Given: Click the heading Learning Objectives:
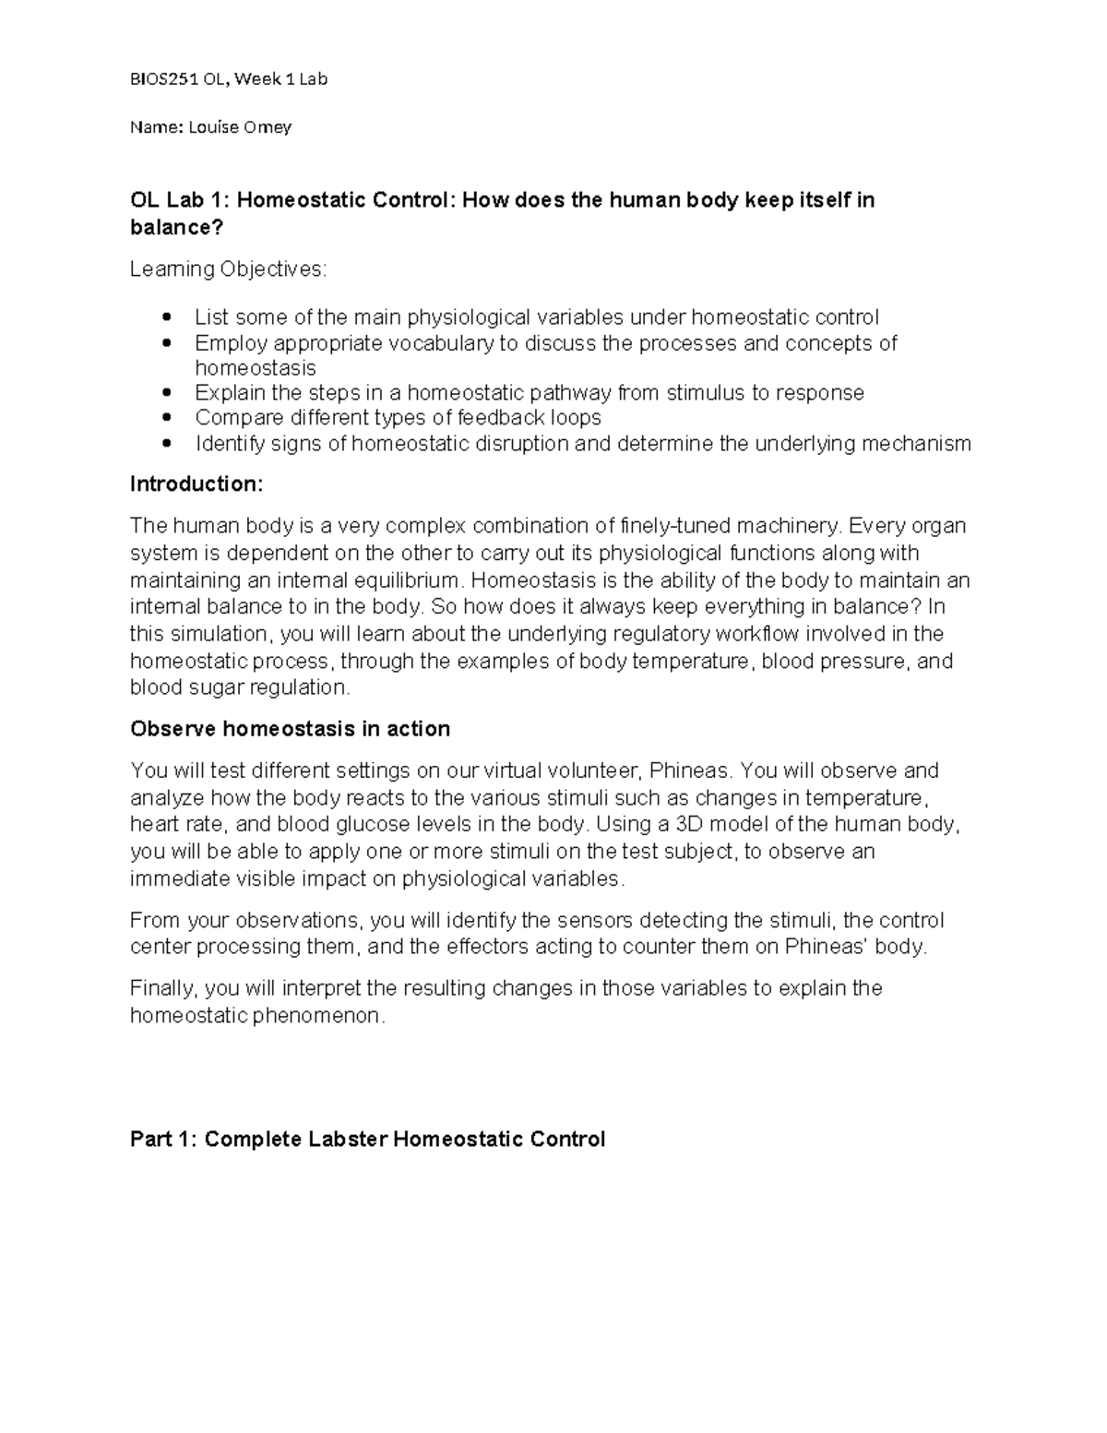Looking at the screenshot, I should (227, 269).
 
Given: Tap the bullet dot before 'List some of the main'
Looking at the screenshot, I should (166, 317).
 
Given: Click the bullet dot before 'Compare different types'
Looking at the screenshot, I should (166, 418).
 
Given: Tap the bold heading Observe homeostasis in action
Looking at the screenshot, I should (290, 729).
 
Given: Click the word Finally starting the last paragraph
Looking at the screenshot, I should (163, 988).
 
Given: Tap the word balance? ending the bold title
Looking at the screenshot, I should (176, 227).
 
